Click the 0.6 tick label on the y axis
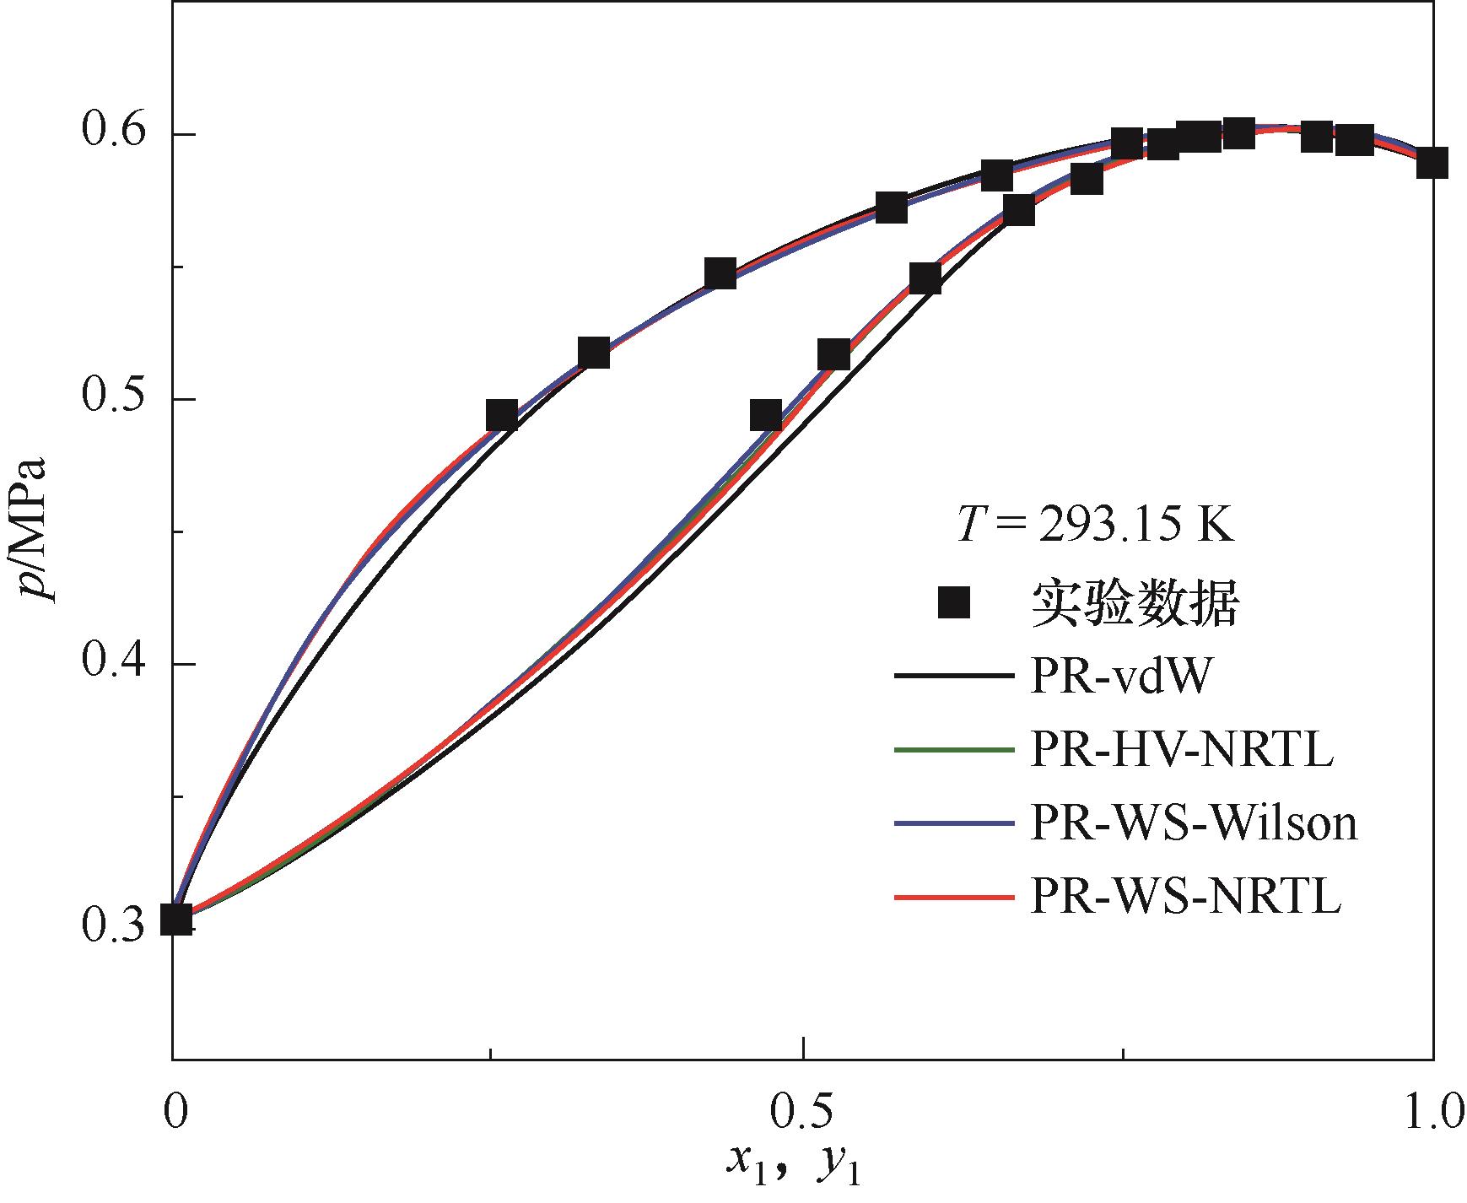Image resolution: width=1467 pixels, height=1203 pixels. pyautogui.click(x=115, y=133)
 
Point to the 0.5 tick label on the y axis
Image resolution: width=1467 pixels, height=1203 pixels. pyautogui.click(x=115, y=399)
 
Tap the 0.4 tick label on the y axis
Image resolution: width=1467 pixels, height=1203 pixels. pyautogui.click(x=115, y=664)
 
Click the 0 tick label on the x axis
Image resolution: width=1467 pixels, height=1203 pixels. pyautogui.click(x=174, y=1114)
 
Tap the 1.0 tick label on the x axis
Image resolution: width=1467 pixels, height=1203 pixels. pyautogui.click(x=1432, y=1114)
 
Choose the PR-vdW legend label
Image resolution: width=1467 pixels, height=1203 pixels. pyautogui.click(x=1120, y=677)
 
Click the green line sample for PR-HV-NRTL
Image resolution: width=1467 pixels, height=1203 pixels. pyautogui.click(x=953, y=750)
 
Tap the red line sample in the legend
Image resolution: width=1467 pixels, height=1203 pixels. pyautogui.click(x=953, y=898)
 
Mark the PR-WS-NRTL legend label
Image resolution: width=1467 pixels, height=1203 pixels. pyautogui.click(x=1185, y=898)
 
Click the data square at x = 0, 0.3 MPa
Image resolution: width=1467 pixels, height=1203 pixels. pyautogui.click(x=175, y=919)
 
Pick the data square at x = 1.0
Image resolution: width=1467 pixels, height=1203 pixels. pyautogui.click(x=1432, y=162)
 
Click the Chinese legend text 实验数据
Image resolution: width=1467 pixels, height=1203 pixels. pyautogui.click(x=1135, y=603)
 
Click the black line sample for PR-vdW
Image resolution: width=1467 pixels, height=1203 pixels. pyautogui.click(x=953, y=677)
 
